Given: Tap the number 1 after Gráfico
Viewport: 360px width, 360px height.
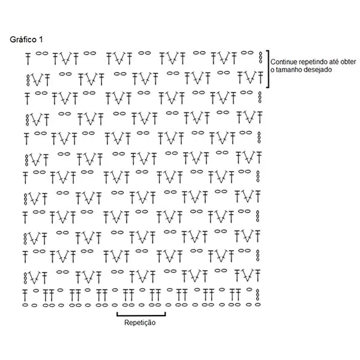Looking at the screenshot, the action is coord(41,40).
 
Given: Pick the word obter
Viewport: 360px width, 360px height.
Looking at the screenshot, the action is coord(349,62).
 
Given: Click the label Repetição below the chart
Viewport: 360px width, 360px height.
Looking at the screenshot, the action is coord(140,323).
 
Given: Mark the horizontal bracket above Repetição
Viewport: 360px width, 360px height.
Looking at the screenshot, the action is coord(141,316).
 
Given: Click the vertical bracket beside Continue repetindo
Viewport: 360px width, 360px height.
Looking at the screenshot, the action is coord(268,69).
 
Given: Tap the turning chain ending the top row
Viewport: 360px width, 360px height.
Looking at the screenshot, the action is coord(260,58).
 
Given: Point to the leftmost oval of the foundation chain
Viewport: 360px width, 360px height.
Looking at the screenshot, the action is coord(25,305).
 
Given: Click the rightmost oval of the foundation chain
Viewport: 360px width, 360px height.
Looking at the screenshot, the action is coord(257,305).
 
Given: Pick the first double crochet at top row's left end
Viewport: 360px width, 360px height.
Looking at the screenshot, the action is coord(28,59).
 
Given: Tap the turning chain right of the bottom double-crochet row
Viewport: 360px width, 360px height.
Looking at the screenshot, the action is coord(257,295).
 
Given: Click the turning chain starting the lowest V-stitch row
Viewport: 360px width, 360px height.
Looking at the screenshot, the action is coord(25,278).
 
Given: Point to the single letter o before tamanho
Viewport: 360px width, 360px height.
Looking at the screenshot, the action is coord(272,70).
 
